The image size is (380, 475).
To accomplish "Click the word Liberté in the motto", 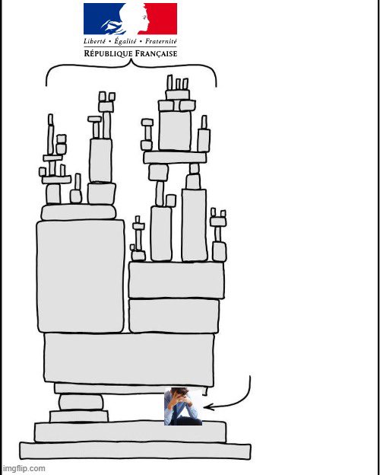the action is coord(95,41).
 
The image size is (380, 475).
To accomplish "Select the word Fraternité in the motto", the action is coord(160,41).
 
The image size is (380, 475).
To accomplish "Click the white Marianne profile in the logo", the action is coord(133,19).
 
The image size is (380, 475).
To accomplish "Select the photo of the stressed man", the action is coord(183,406).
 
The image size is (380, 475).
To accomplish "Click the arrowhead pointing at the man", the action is coord(209,407).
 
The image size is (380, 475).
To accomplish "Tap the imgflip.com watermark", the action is coord(24,469).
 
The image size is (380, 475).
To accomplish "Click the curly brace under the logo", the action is coord(131,65).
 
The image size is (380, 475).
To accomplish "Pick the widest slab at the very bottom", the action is coord(135,451).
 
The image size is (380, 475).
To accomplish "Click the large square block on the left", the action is coord(81,276).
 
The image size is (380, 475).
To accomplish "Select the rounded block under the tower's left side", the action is coord(81,402).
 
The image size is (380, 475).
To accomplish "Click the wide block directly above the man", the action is coord(129,359).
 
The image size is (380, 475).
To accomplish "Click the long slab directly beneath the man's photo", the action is coord(130,432).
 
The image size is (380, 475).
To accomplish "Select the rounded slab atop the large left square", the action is coord(79,212).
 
